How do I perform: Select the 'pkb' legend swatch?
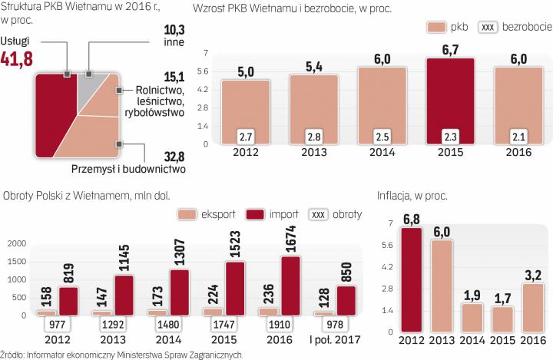tap(437, 27)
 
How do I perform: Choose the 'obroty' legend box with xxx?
tap(318, 214)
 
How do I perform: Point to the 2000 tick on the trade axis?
tap(15, 243)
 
